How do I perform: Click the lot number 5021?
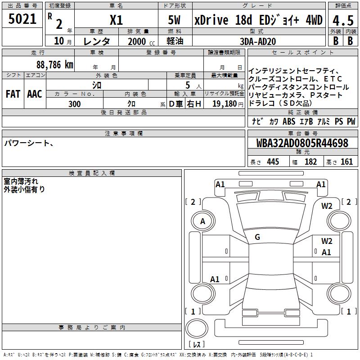[22, 19]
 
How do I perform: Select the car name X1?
[116, 20]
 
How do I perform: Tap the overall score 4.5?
[343, 20]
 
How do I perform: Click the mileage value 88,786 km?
[55, 65]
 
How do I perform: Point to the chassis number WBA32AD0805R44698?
[302, 143]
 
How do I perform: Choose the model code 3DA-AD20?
[257, 41]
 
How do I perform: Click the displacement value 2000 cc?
[141, 41]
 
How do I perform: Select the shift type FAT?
[13, 94]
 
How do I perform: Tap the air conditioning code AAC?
[35, 94]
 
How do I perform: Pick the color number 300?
[74, 104]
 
